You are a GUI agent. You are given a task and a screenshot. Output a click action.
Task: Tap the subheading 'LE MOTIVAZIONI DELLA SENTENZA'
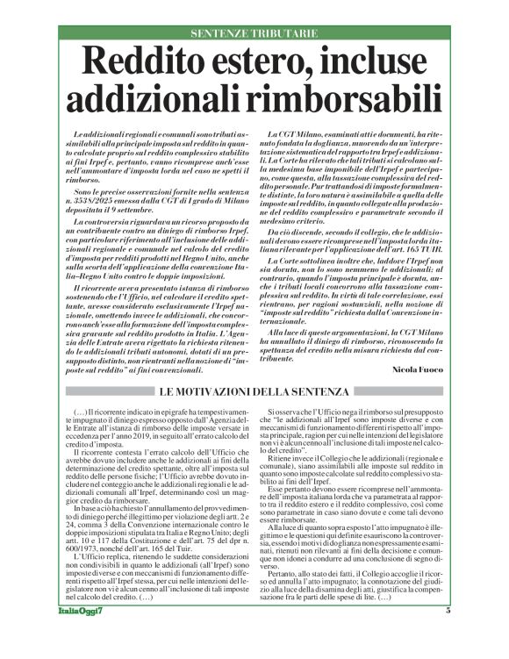pyautogui.click(x=254, y=392)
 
